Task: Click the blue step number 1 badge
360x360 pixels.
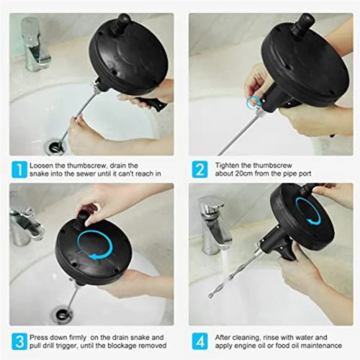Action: pyautogui.click(x=19, y=170)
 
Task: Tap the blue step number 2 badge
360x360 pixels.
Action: pyautogui.click(x=200, y=170)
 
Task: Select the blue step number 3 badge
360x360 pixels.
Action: pyautogui.click(x=19, y=342)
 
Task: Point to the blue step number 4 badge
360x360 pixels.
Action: pyautogui.click(x=200, y=342)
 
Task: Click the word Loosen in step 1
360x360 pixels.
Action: pyautogui.click(x=40, y=166)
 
